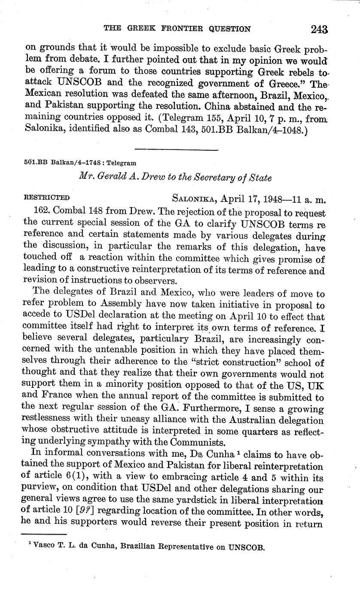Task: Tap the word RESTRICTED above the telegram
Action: (x=47, y=198)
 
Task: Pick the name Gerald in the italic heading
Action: (x=131, y=177)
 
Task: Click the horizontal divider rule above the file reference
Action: (x=177, y=150)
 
